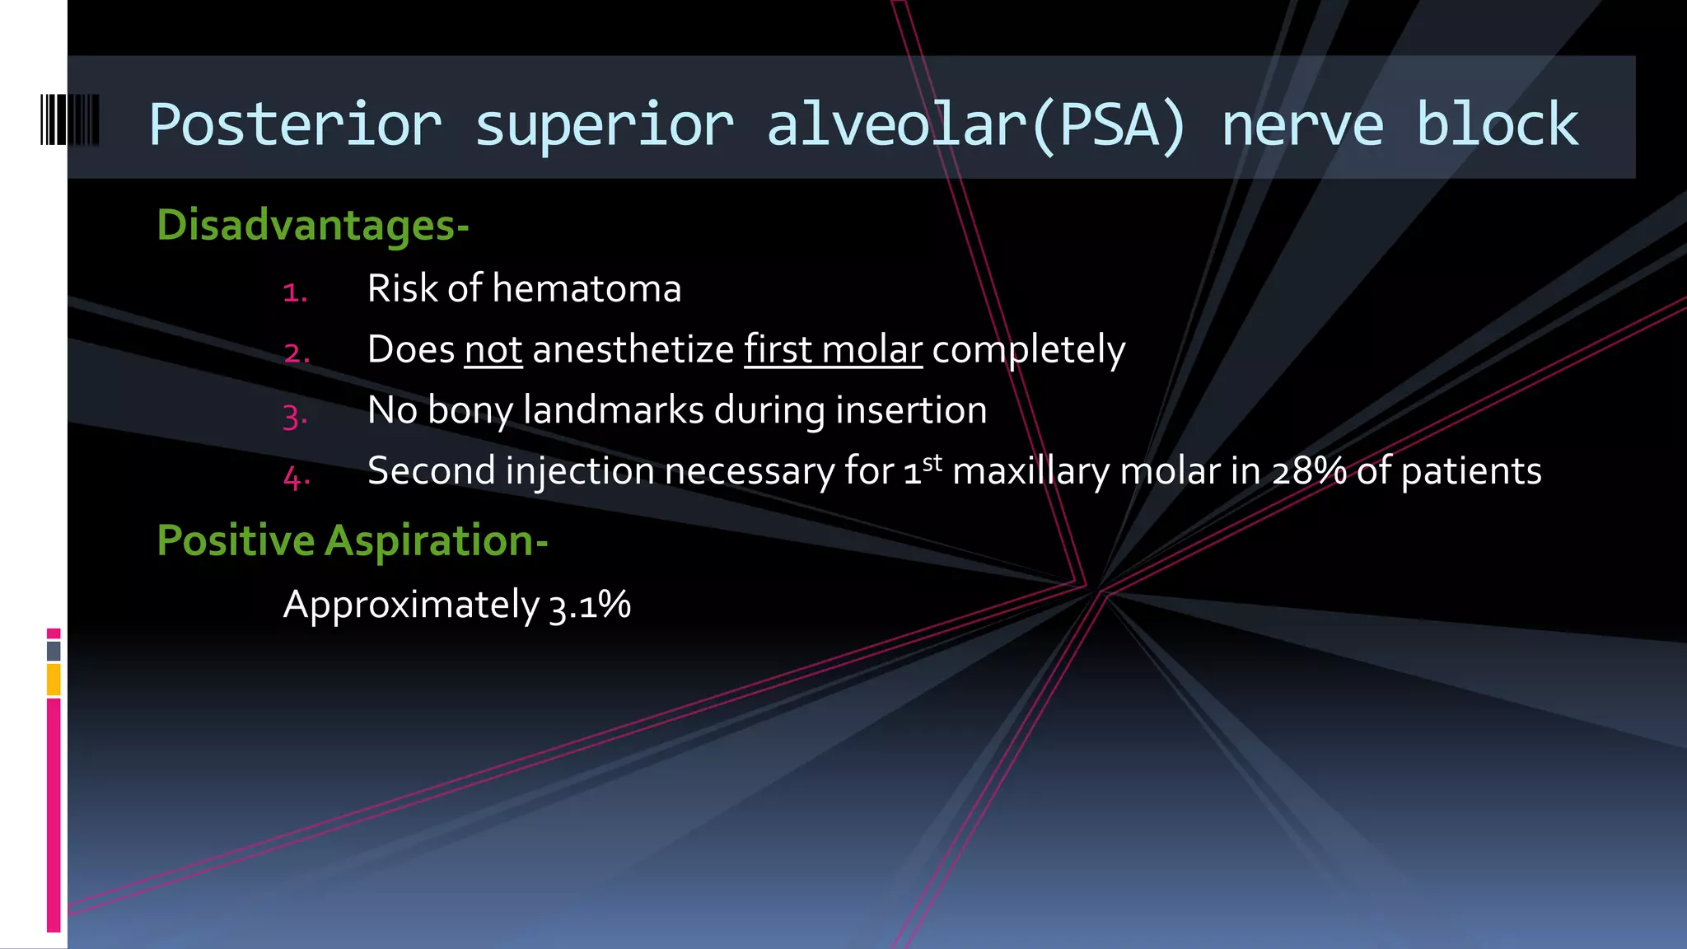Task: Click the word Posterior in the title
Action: click(x=295, y=125)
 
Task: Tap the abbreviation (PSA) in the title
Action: click(x=1108, y=125)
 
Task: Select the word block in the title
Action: click(x=1497, y=125)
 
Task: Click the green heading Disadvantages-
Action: click(x=313, y=225)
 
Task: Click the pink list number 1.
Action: click(x=294, y=292)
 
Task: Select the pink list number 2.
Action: click(x=296, y=353)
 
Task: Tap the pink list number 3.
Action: click(x=295, y=415)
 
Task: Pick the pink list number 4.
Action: click(x=296, y=476)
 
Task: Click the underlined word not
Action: click(x=493, y=349)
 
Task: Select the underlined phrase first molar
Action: click(x=833, y=349)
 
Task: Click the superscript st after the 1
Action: click(x=932, y=462)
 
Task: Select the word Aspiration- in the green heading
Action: click(x=437, y=541)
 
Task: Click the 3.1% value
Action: click(x=590, y=605)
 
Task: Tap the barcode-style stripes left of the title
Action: click(x=70, y=120)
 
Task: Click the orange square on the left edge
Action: click(x=54, y=680)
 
